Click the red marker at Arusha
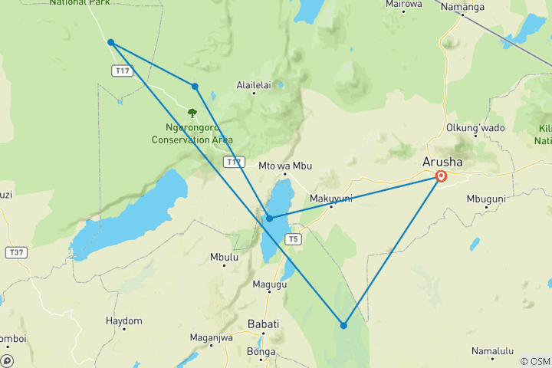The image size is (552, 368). [442, 176]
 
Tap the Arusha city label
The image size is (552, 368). [442, 162]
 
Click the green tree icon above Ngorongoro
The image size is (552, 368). [192, 113]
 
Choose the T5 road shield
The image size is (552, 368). [292, 239]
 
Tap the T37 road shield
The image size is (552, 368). [15, 252]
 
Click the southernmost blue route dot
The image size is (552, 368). [343, 325]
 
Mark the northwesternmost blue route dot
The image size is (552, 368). [111, 42]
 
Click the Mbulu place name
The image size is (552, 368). [225, 258]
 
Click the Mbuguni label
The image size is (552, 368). [486, 199]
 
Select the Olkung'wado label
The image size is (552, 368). [475, 127]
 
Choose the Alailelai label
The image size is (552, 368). [255, 85]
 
